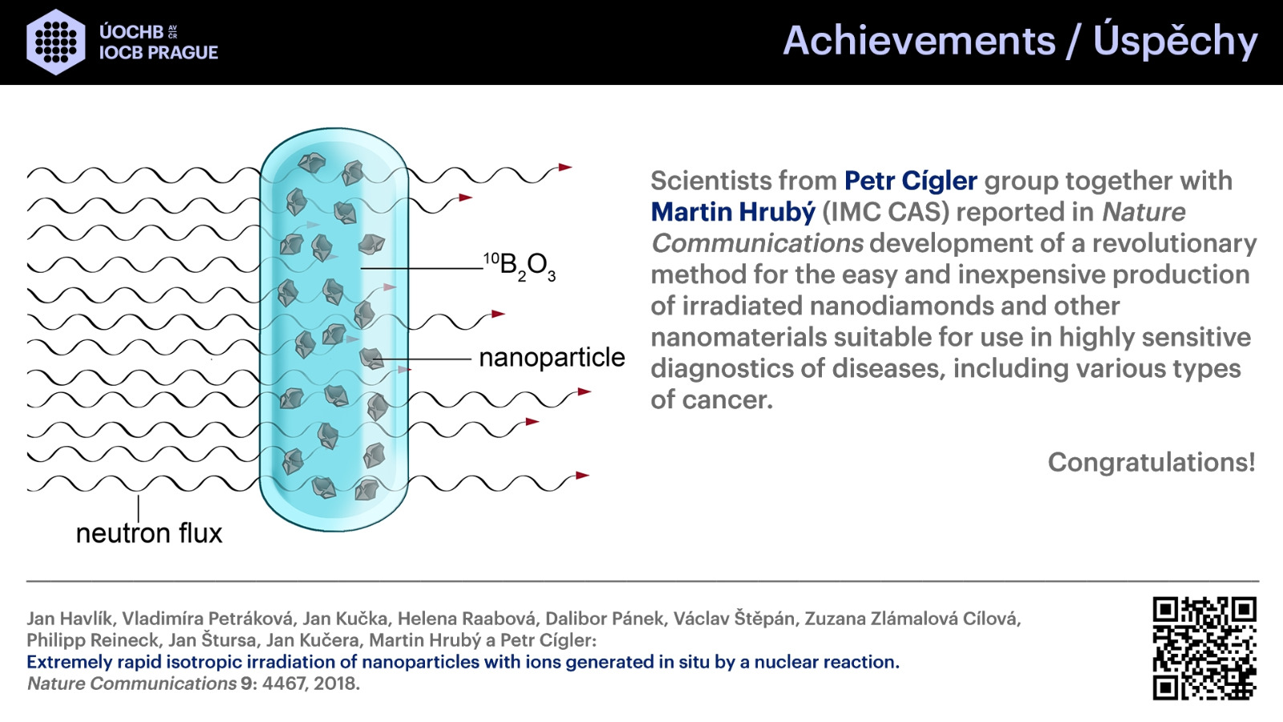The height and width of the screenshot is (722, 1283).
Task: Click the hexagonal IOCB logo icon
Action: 56,42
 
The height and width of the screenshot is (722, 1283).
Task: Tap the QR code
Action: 1204,648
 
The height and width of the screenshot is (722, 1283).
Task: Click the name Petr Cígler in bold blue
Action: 911,181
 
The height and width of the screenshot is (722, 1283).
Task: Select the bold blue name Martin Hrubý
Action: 733,212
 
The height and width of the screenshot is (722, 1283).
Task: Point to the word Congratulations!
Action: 1151,462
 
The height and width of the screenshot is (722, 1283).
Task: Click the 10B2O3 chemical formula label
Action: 520,266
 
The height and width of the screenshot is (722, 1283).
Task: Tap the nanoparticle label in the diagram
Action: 552,358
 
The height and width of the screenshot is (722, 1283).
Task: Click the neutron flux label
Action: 149,533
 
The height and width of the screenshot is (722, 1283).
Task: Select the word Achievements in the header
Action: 919,41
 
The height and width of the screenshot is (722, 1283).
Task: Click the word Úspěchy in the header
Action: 1176,40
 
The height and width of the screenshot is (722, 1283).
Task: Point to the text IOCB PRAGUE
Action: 159,53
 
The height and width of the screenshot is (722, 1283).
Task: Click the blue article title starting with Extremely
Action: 463,663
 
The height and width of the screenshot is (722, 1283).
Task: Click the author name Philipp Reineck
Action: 92,641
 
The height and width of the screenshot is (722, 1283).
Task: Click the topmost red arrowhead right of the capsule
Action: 565,168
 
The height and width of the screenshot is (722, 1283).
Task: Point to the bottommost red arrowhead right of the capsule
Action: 582,476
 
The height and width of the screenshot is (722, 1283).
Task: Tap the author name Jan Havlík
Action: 71,619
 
